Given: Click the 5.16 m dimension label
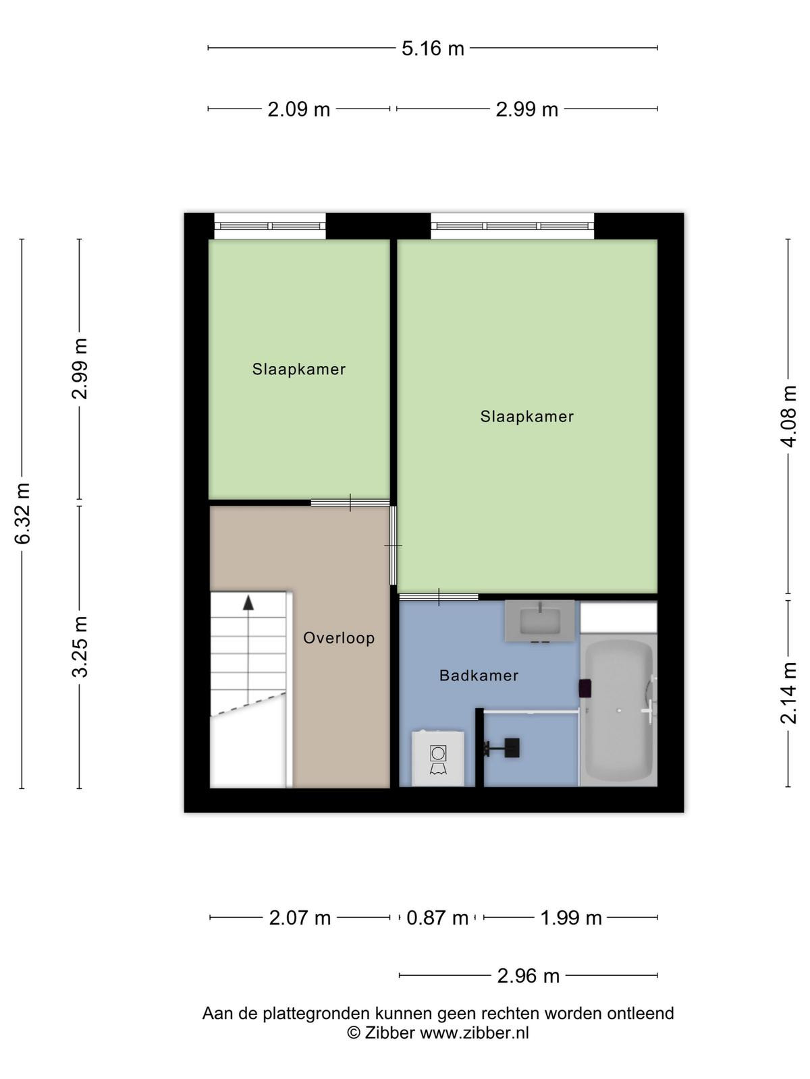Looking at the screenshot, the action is tap(433, 49).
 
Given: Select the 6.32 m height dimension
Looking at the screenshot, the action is tap(23, 513).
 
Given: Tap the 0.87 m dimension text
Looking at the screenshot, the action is tap(437, 918).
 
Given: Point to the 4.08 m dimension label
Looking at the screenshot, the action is tap(788, 416).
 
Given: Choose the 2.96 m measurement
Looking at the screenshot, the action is tap(529, 976).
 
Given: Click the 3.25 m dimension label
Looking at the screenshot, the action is tap(80, 647).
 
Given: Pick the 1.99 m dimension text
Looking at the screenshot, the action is tap(571, 918).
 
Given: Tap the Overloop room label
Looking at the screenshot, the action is tap(339, 638).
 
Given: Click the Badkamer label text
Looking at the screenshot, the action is tap(479, 676).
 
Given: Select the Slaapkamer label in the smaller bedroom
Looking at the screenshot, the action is tap(299, 369).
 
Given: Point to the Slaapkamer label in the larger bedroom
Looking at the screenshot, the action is tap(527, 416).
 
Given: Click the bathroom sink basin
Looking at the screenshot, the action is tap(540, 621).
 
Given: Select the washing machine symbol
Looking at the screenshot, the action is tap(437, 758).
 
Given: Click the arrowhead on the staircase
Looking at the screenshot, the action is tap(248, 603).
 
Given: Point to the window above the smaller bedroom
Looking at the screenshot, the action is tap(270, 226).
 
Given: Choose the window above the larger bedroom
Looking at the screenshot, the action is tap(512, 226).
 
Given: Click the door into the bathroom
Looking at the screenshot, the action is tap(439, 597).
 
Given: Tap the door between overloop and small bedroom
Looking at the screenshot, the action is tap(350, 502).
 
